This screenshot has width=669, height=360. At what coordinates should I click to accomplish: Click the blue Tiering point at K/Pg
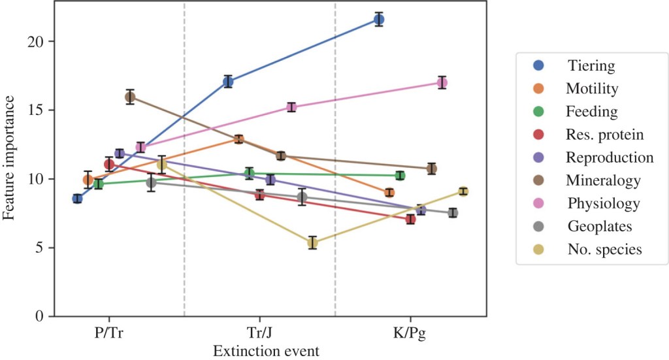pyautogui.click(x=379, y=19)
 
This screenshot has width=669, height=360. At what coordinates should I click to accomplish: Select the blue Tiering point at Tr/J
pyautogui.click(x=228, y=82)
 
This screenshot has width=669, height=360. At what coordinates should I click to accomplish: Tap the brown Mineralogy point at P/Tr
pyautogui.click(x=130, y=97)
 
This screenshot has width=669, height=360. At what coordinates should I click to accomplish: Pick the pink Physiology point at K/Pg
pyautogui.click(x=442, y=82)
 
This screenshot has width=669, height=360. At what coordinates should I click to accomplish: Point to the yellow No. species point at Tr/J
pyautogui.click(x=312, y=243)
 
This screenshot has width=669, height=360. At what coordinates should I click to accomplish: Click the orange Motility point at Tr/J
pyautogui.click(x=238, y=139)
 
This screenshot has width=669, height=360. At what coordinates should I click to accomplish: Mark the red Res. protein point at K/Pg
pyautogui.click(x=410, y=219)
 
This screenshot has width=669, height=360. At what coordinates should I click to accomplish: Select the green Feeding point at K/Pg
pyautogui.click(x=400, y=175)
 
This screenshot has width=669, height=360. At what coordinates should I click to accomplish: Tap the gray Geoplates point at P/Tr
pyautogui.click(x=151, y=183)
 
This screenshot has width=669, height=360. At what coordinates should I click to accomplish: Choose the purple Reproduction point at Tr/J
pyautogui.click(x=270, y=180)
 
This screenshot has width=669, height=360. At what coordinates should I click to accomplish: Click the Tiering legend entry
pyautogui.click(x=591, y=65)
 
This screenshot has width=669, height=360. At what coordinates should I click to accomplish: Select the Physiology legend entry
pyautogui.click(x=602, y=203)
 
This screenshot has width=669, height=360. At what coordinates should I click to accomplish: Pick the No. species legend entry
pyautogui.click(x=604, y=249)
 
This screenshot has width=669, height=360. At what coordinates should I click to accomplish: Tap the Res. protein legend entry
pyautogui.click(x=604, y=135)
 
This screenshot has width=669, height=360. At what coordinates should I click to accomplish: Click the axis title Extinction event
pyautogui.click(x=266, y=352)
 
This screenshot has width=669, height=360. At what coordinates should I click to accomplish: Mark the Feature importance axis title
pyautogui.click(x=10, y=157)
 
